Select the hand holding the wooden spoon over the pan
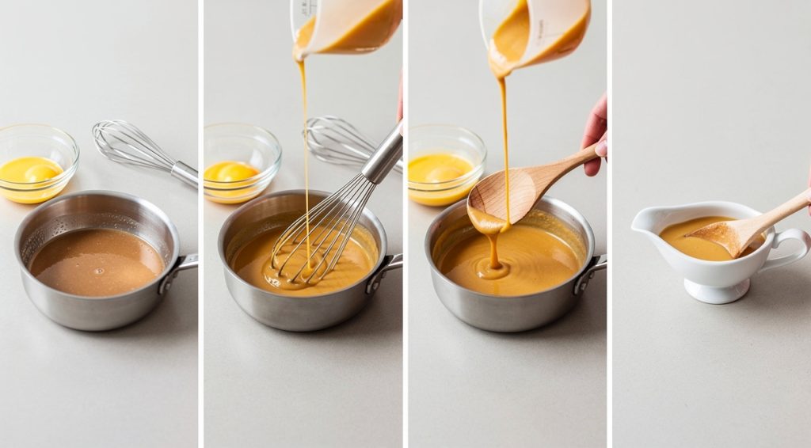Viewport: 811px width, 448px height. (596, 135)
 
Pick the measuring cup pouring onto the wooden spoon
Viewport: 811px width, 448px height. (539, 32)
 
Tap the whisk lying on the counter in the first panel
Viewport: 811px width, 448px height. (143, 150)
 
